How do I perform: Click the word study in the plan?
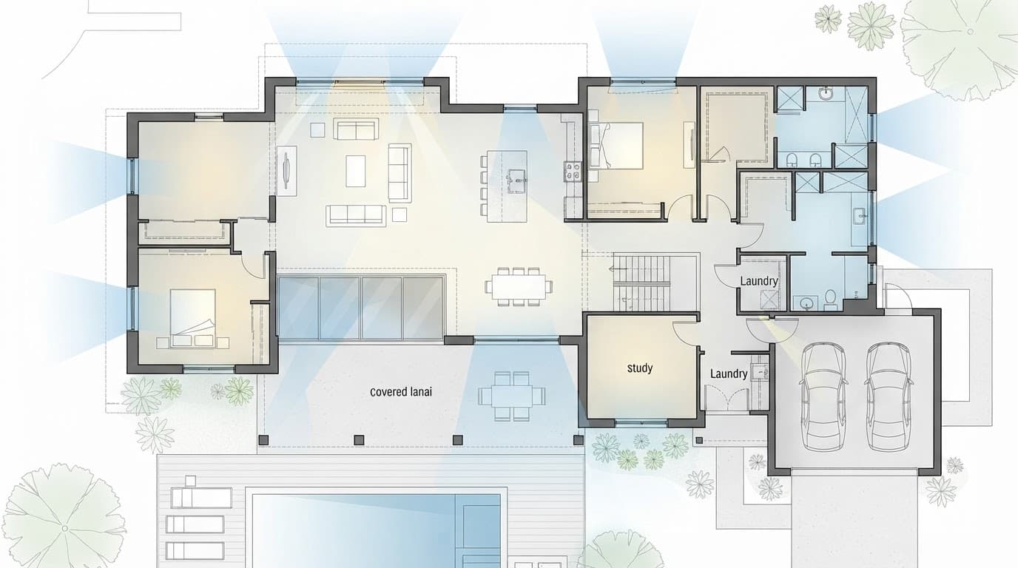(639, 368)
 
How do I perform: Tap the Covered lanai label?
(401, 392)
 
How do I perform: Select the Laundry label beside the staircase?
(759, 281)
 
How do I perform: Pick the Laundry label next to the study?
(729, 373)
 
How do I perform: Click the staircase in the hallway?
(642, 282)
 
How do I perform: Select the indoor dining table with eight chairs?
(519, 287)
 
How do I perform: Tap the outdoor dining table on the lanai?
(512, 396)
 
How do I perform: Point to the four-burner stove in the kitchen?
(573, 172)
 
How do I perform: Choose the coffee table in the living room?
(355, 171)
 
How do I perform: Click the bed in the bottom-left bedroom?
(192, 319)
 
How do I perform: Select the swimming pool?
(376, 531)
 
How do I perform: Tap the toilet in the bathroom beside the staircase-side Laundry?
(830, 300)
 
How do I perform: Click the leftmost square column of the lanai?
(263, 440)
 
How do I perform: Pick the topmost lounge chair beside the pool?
(201, 498)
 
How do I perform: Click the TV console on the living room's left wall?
(286, 171)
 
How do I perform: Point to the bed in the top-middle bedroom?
(616, 146)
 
